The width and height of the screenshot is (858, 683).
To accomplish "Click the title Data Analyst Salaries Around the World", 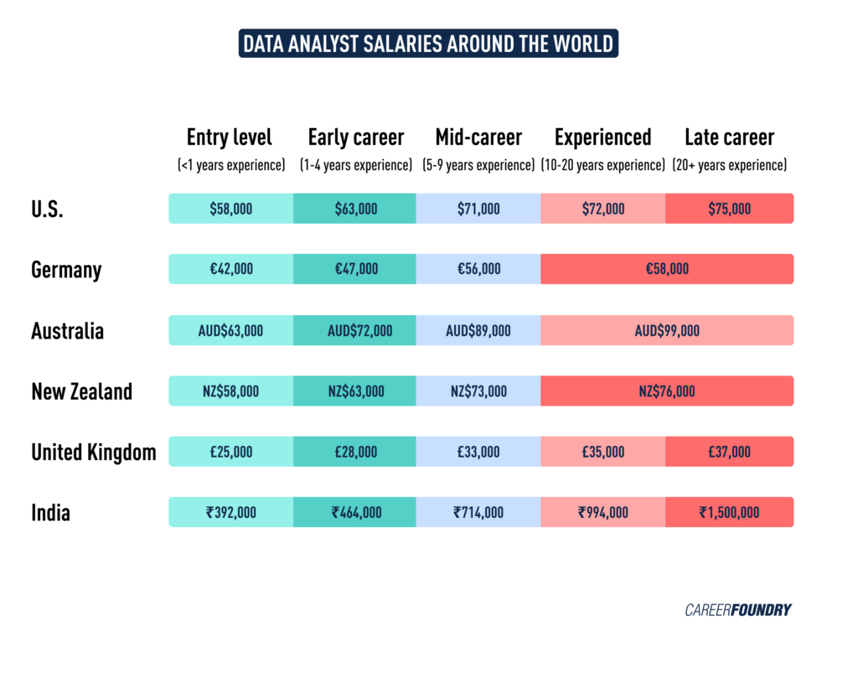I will [428, 43].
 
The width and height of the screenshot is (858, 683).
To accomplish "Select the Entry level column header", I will [229, 137].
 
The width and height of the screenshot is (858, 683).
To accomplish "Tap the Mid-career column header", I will [478, 137].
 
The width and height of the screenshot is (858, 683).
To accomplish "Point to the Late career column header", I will [729, 137].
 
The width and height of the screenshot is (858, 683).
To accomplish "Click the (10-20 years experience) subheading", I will [603, 165].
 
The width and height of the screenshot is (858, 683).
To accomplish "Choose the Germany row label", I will [66, 270].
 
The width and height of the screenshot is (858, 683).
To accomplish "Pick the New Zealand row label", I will [81, 391].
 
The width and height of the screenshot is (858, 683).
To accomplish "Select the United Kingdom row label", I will [94, 453].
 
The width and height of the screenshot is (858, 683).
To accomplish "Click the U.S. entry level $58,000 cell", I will [231, 209].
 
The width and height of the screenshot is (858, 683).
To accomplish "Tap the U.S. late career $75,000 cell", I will [729, 209].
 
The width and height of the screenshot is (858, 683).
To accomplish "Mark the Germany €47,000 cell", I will [354, 269].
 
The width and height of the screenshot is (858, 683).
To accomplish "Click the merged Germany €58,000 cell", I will [667, 269].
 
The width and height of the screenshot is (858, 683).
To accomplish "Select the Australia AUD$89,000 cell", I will [478, 330].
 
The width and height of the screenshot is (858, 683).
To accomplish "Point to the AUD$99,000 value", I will [667, 330].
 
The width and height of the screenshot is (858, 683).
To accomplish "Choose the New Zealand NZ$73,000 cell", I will [478, 391].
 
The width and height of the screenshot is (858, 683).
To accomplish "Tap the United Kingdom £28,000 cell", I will [354, 452].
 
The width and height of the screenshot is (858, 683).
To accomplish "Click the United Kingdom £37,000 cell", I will [729, 452].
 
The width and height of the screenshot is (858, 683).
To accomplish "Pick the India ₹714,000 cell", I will [478, 512].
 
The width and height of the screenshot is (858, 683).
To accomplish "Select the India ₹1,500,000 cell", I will [729, 512].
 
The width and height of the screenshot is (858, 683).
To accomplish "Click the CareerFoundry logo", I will [737, 610].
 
